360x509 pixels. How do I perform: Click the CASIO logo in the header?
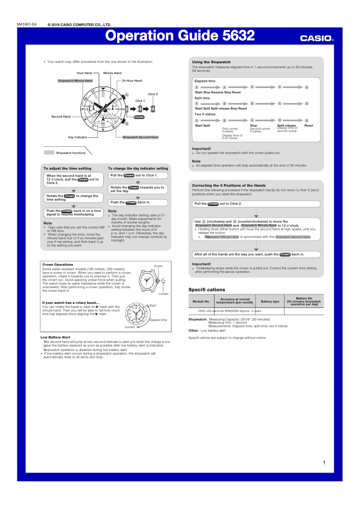pyautogui.click(x=317, y=39)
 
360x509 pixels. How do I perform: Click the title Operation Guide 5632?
pyautogui.click(x=180, y=36)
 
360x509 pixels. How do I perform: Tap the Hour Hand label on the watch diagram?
pyautogui.click(x=84, y=73)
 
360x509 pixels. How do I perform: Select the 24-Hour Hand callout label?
pyautogui.click(x=132, y=81)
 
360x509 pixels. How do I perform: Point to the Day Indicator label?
pyautogui.click(x=78, y=137)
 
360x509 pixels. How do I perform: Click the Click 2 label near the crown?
pyautogui.click(x=153, y=94)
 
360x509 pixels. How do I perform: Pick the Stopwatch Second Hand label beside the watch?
pyautogui.click(x=140, y=137)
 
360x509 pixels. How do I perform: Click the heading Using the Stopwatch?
pyautogui.click(x=211, y=62)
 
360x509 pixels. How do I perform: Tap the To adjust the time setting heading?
pyautogui.click(x=67, y=168)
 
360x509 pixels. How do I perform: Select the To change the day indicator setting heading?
pyautogui.click(x=138, y=168)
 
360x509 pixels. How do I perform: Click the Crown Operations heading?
pyautogui.click(x=57, y=264)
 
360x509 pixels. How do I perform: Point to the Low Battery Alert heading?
pyautogui.click(x=55, y=337)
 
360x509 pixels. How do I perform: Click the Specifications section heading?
pyautogui.click(x=206, y=290)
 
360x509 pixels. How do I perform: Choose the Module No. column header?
pyautogui.click(x=201, y=302)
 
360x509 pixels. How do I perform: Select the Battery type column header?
pyautogui.click(x=270, y=302)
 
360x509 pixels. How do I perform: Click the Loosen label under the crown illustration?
pyautogui.click(x=163, y=294)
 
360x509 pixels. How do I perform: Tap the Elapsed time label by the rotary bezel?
pyautogui.click(x=158, y=320)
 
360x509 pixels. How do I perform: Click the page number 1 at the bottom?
pyautogui.click(x=324, y=463)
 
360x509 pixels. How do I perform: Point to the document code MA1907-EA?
pyautogui.click(x=27, y=24)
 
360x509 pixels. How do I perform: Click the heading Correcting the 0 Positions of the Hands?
pyautogui.click(x=229, y=185)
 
